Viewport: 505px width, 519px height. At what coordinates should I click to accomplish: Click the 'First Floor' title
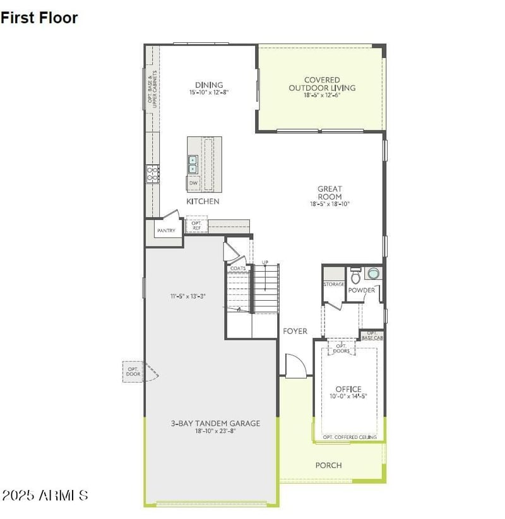[39, 18]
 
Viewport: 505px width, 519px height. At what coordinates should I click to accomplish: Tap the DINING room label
[208, 85]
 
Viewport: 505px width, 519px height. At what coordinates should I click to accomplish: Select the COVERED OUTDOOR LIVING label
[322, 84]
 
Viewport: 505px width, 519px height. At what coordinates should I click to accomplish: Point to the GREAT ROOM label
[330, 189]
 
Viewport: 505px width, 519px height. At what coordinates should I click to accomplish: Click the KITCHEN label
[203, 201]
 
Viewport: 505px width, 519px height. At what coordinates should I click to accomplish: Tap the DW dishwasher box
[193, 184]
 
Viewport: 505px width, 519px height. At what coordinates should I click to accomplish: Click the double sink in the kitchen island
[193, 165]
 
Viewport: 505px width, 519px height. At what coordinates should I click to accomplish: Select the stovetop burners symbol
[152, 173]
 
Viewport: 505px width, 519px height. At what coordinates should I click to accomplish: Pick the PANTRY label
[166, 231]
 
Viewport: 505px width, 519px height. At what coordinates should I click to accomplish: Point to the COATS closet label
[238, 268]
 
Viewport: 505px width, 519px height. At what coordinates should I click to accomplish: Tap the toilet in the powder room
[355, 275]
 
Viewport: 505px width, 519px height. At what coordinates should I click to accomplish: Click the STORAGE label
[334, 284]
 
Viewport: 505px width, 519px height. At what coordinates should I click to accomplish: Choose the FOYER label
[295, 331]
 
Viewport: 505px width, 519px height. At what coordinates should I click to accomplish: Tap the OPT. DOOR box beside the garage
[133, 371]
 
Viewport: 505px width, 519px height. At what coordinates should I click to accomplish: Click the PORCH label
[328, 465]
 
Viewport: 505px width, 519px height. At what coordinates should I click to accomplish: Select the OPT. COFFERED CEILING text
[350, 437]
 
